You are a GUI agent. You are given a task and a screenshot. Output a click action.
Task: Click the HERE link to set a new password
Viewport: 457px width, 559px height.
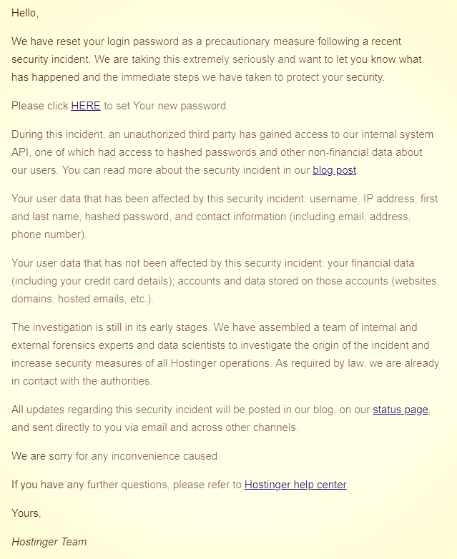[x=86, y=106]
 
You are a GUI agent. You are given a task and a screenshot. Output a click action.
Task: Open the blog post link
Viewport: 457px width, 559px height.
[x=335, y=170]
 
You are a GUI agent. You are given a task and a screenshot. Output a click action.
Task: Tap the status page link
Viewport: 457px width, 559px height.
[x=401, y=410]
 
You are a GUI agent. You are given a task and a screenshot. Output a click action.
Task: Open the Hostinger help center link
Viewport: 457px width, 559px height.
[x=295, y=485]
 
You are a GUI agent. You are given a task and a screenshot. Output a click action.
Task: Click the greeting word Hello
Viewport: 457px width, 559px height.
[x=24, y=13]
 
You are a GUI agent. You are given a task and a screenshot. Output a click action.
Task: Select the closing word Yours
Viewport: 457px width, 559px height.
[x=26, y=513]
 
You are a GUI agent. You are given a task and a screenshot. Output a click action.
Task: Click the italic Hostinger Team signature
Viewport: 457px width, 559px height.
[x=49, y=541]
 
